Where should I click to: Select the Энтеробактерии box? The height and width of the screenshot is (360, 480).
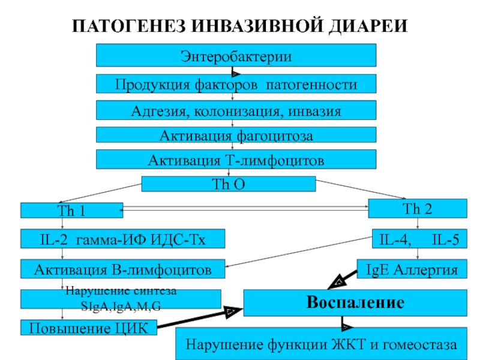coord(236,55)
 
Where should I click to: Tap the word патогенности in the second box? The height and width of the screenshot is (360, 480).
coord(311,85)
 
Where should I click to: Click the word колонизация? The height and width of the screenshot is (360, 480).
coord(236,112)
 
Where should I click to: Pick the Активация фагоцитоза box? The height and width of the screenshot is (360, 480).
coord(236,134)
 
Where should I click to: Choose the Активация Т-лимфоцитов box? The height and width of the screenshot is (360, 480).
coord(236,159)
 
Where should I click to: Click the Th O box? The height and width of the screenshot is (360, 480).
coord(229,184)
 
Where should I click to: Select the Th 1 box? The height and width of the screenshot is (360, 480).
coord(71,211)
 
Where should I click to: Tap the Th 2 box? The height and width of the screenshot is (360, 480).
coord(418,208)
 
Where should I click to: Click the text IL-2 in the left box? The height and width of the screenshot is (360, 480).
coord(54,239)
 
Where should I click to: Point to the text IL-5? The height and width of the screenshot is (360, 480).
coord(445,239)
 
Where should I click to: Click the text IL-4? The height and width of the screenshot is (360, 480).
coord(394,239)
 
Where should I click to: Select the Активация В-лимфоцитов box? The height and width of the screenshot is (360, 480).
coord(123,269)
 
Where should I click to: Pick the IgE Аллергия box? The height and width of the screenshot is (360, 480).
coord(412,269)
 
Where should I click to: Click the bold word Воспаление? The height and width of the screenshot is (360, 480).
coord(355,302)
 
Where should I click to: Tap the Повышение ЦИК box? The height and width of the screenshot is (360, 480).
coord(89,328)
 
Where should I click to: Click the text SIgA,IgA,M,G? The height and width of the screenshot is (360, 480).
coord(121,306)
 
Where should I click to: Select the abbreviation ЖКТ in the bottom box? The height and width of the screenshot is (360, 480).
coord(348,344)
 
